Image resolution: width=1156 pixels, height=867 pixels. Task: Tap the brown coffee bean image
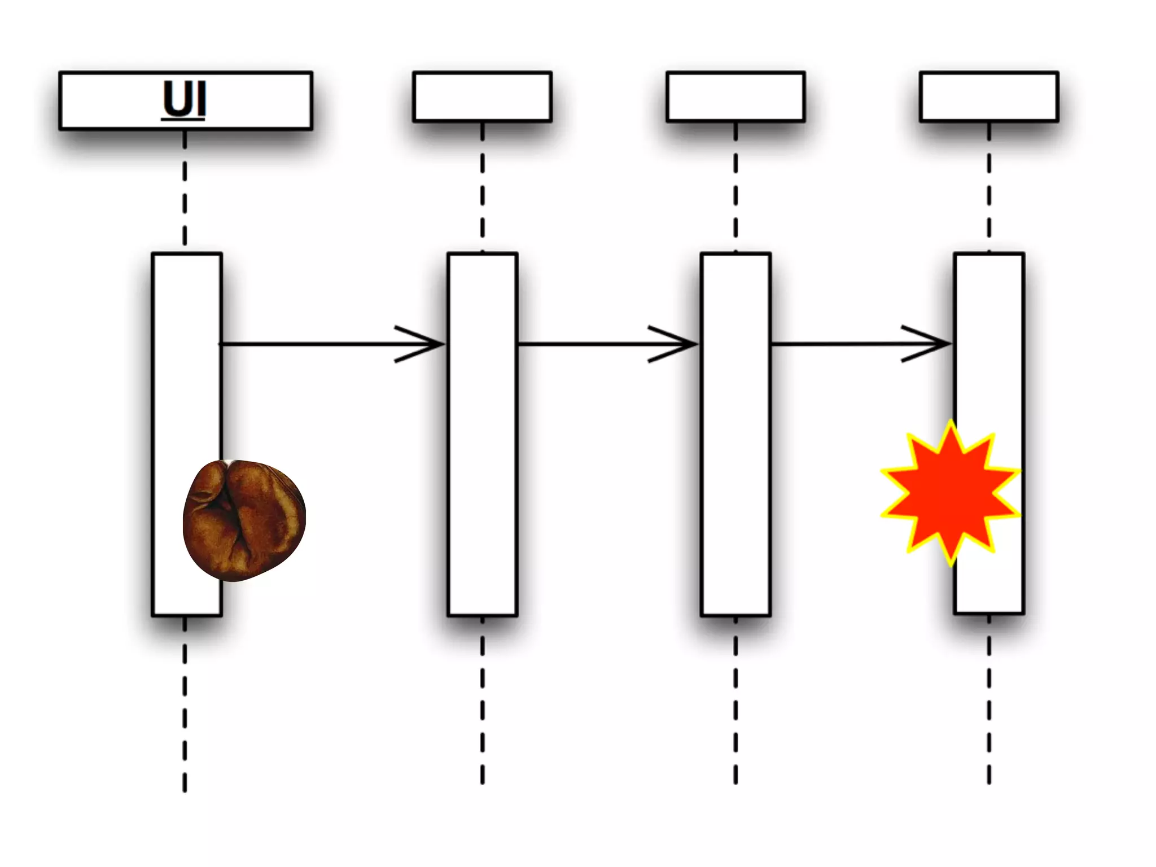[x=244, y=520]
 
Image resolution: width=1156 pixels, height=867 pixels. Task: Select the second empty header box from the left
[x=482, y=97]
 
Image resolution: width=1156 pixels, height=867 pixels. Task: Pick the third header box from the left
[x=735, y=97]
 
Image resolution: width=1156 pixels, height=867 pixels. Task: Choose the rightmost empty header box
[x=989, y=97]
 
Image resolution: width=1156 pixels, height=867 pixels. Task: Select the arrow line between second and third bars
[x=581, y=344]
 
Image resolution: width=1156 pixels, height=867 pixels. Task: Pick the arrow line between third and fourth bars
[x=835, y=344]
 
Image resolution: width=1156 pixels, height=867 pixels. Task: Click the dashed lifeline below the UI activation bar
[x=185, y=706]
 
